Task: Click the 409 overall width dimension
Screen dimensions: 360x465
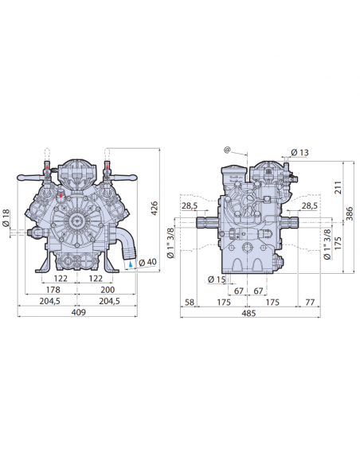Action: click(79, 312)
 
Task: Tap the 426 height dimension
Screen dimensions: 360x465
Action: click(155, 208)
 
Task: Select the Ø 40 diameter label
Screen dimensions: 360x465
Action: click(147, 262)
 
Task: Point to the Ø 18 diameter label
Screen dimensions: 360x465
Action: click(6, 218)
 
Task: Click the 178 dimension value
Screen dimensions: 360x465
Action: click(53, 290)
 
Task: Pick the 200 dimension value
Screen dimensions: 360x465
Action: click(107, 290)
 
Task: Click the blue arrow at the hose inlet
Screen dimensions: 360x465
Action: click(131, 264)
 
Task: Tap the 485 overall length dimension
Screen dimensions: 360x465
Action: click(248, 313)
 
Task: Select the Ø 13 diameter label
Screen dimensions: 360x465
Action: click(299, 152)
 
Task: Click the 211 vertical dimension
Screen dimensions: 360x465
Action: click(338, 187)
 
